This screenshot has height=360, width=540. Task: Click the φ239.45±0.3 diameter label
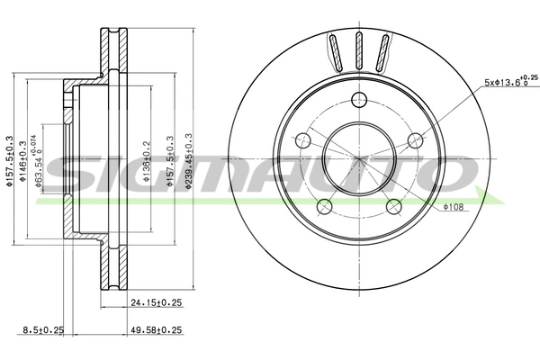tap(188, 159)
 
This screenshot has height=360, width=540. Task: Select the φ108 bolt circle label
tap(453, 208)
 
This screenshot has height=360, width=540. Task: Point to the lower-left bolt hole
tap(325, 206)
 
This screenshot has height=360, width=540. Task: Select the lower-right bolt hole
tap(393, 206)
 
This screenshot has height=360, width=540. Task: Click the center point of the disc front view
tap(359, 158)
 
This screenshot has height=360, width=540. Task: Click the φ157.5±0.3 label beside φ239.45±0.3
tap(170, 159)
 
